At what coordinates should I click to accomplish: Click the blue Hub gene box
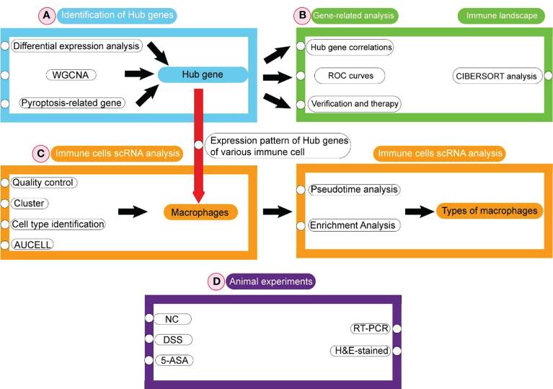click(201, 74)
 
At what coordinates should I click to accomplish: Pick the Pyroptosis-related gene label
click(72, 102)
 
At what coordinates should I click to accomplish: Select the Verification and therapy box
click(354, 103)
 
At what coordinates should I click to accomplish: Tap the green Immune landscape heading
click(500, 15)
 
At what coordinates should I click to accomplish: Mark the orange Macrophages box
click(200, 212)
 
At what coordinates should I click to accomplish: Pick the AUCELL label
click(33, 245)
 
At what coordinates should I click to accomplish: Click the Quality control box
click(44, 183)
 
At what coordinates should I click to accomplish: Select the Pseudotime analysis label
click(354, 190)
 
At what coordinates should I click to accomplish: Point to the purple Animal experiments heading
click(270, 281)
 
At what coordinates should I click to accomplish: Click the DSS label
click(173, 339)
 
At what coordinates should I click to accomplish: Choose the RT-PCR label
click(371, 329)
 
